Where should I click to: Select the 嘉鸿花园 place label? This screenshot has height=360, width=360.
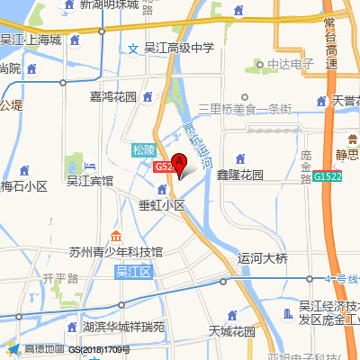click(x=112, y=96)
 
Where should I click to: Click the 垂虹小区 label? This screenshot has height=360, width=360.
click(x=161, y=205)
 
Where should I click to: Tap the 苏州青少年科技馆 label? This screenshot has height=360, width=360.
click(x=116, y=251)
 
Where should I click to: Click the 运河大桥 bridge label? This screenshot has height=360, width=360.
click(x=262, y=258)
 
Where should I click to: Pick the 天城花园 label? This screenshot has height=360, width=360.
click(x=231, y=331)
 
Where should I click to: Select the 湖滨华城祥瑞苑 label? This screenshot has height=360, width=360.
click(x=123, y=327)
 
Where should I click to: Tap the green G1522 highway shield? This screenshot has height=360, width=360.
click(x=328, y=177)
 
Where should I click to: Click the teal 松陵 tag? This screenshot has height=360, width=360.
click(x=144, y=149)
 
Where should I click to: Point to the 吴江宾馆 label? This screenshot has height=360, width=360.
click(x=90, y=180)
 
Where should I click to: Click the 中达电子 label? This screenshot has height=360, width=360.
click(x=290, y=64)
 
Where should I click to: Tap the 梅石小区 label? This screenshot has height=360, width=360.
click(x=23, y=186)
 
